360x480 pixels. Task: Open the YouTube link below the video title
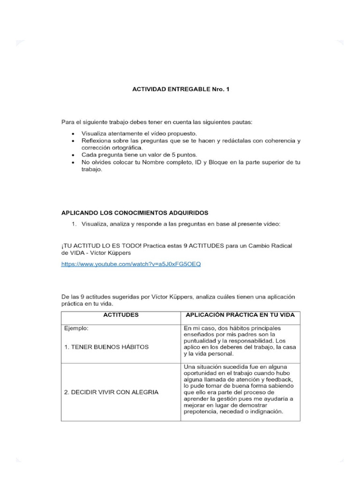(131, 264)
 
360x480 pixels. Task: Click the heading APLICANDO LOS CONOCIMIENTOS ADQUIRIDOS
(135, 212)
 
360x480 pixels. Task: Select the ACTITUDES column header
(120, 315)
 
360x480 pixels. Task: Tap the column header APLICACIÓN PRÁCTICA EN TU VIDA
(240, 315)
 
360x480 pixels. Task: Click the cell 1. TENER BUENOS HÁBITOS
(106, 347)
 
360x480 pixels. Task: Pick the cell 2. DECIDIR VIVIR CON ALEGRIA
(111, 392)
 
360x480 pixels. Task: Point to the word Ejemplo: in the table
(76, 328)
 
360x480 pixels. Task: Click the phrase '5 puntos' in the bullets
(187, 155)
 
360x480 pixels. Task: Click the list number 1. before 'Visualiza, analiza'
(74, 225)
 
